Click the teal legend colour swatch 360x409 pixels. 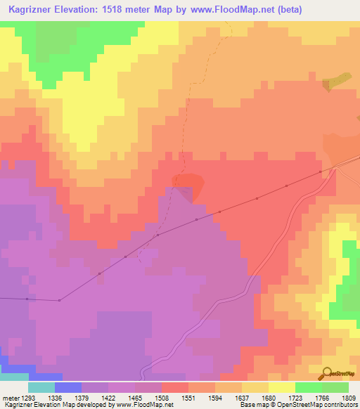pos(41,387)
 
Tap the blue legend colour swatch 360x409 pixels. pos(68,387)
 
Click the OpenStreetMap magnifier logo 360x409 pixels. pos(326,373)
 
